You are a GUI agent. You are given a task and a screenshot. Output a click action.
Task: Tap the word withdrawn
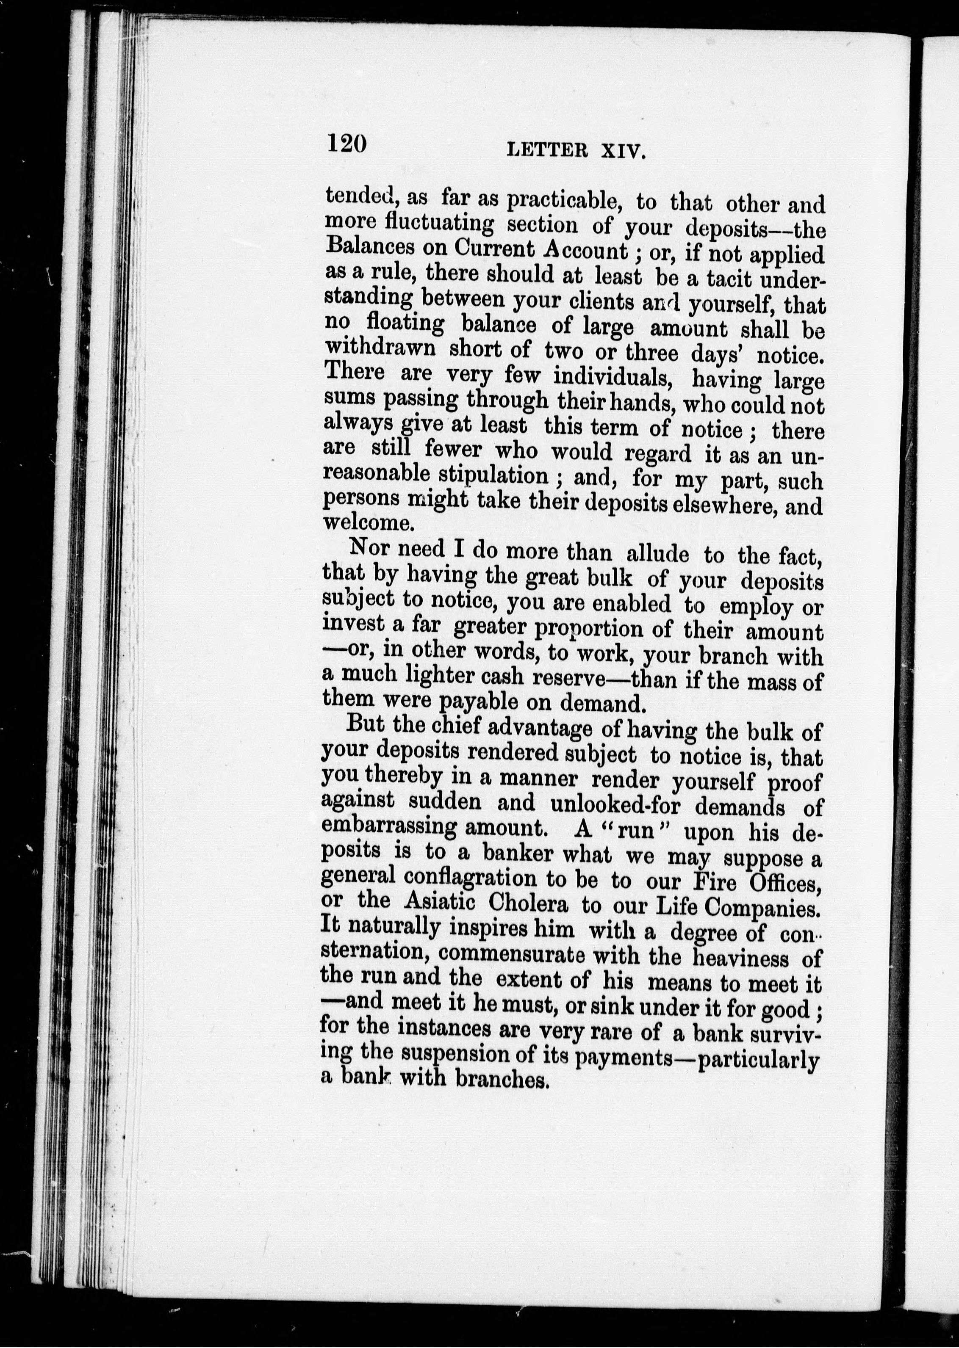point(380,348)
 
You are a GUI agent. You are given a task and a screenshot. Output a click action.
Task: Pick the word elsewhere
point(713,505)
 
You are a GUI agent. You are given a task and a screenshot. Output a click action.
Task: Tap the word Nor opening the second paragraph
point(370,548)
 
